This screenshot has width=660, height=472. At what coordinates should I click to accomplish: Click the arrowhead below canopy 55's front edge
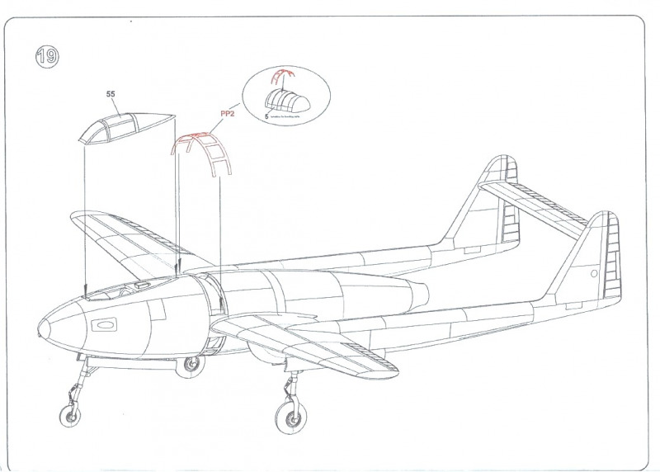tap(86, 291)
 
